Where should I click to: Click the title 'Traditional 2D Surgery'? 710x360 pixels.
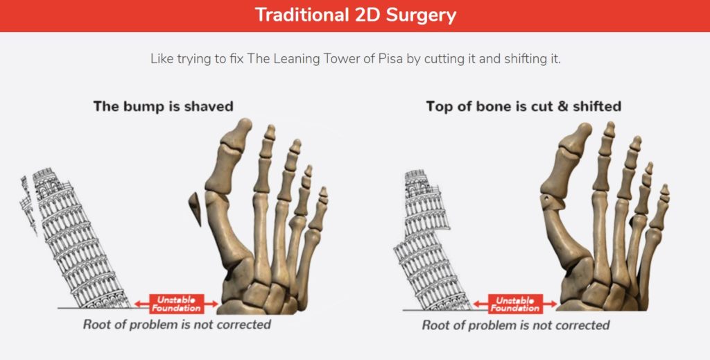pyautogui.click(x=356, y=15)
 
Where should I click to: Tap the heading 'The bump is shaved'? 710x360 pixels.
pyautogui.click(x=164, y=106)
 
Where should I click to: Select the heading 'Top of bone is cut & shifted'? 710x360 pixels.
pyautogui.click(x=523, y=106)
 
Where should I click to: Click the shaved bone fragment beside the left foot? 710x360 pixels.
pyautogui.click(x=196, y=208)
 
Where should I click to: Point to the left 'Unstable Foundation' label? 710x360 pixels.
pyautogui.click(x=177, y=304)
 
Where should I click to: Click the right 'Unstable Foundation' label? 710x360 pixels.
pyautogui.click(x=515, y=304)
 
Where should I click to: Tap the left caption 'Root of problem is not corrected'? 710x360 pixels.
pyautogui.click(x=177, y=325)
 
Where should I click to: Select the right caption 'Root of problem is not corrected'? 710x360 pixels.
pyautogui.click(x=516, y=325)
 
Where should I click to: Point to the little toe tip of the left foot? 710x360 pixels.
pyautogui.click(x=323, y=190)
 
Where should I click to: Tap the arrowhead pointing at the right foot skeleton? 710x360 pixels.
pyautogui.click(x=553, y=304)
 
